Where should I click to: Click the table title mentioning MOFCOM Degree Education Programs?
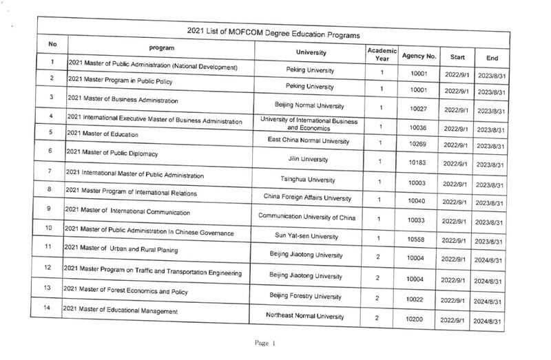coord(275,33)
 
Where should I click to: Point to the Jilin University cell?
coord(310,158)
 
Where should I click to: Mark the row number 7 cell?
coord(50,171)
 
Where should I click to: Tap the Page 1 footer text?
coord(265,343)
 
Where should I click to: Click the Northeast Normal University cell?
coord(310,316)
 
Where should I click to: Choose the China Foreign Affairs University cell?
coord(310,198)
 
